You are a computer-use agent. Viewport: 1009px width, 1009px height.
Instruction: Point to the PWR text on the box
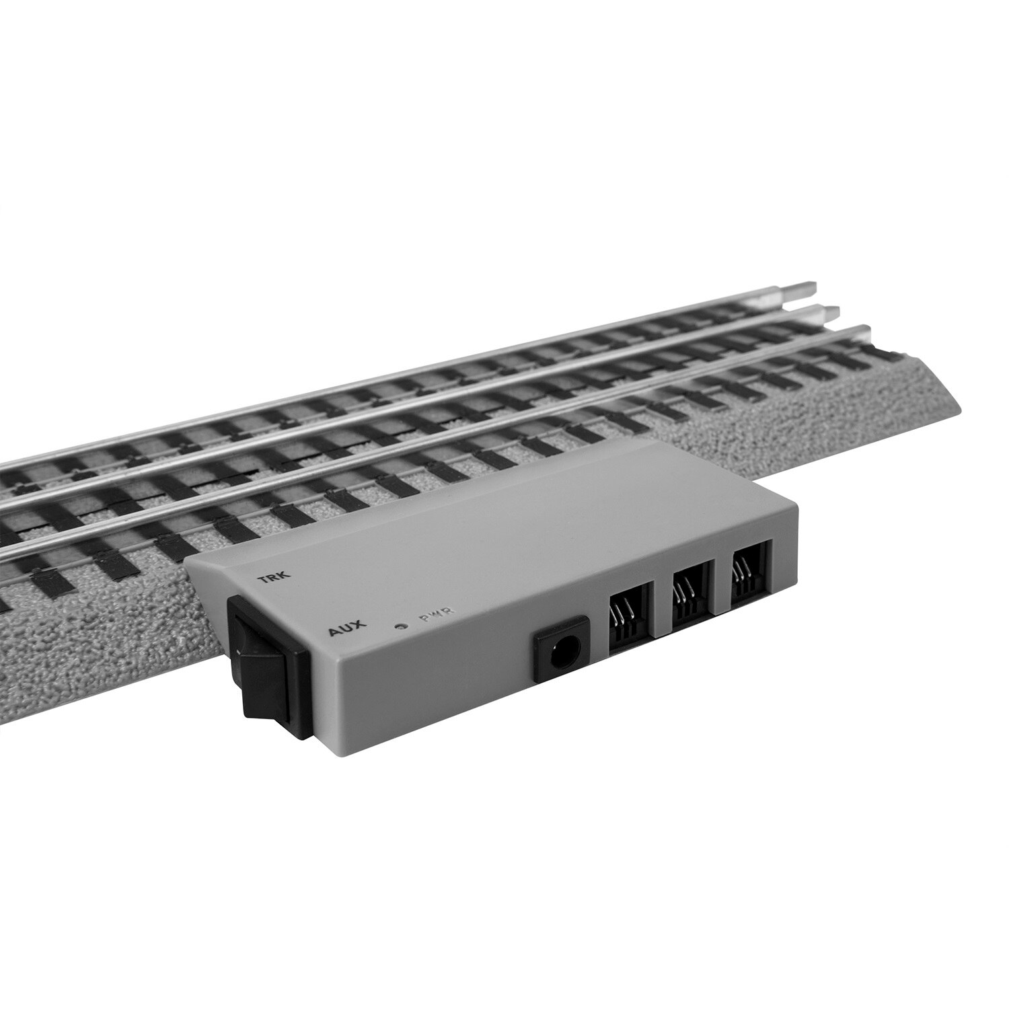click(437, 613)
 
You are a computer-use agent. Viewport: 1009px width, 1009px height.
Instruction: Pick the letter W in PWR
click(437, 613)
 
